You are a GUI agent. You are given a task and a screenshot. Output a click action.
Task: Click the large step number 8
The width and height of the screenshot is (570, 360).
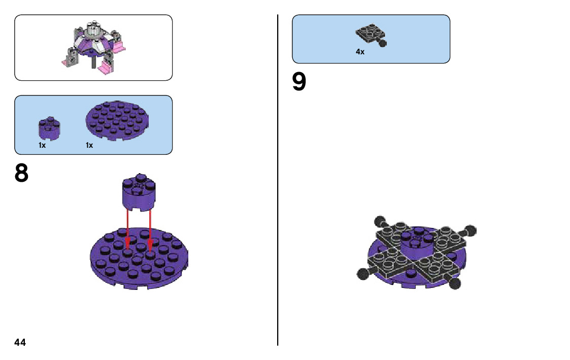point(21,174)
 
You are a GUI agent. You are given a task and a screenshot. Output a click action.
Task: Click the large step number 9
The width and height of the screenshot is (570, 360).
point(299,82)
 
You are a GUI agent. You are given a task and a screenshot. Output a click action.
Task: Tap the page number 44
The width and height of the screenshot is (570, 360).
point(20,342)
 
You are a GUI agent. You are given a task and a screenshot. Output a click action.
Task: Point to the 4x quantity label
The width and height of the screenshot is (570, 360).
point(360,52)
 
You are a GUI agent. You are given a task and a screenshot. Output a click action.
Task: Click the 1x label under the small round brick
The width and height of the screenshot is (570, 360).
point(42,145)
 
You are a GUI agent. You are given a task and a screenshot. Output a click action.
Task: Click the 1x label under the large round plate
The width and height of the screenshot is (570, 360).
point(89,145)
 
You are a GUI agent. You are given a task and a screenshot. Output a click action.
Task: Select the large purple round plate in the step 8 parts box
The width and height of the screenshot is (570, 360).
point(120,121)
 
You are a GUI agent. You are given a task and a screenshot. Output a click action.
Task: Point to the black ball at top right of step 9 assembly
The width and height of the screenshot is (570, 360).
point(470,231)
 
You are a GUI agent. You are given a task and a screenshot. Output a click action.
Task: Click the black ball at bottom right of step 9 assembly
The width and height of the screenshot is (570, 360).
point(455,283)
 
